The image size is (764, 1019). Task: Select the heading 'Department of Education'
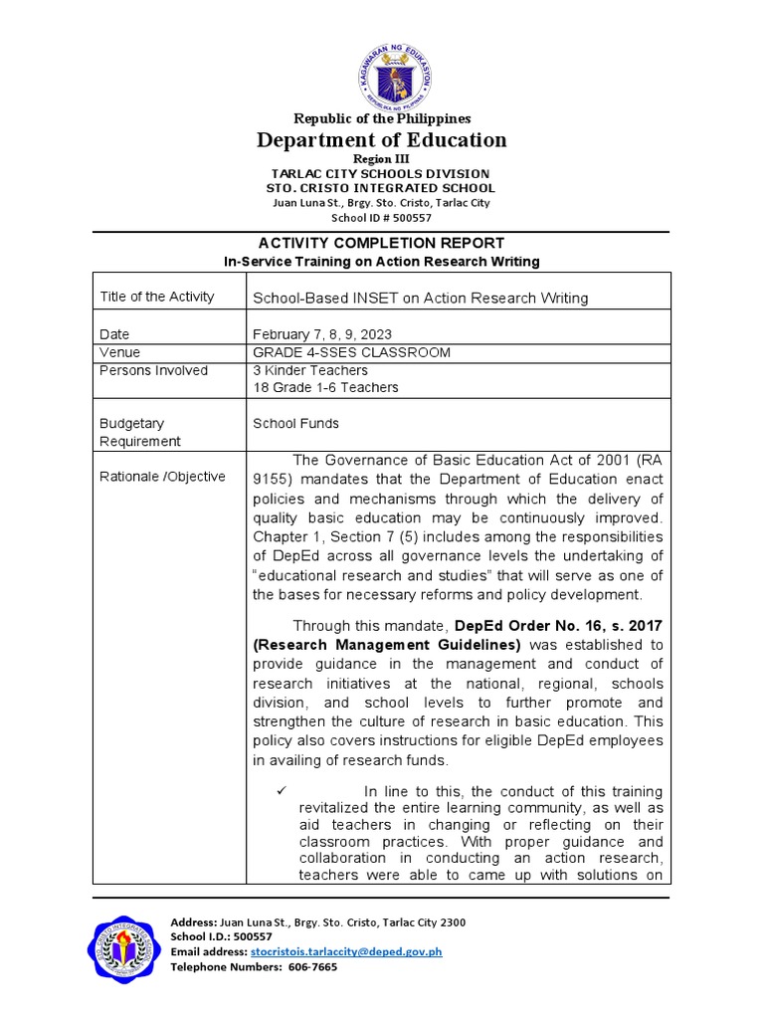pos(381,140)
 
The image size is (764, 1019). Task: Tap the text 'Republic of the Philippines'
pos(381,118)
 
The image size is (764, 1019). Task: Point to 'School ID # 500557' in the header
pos(381,217)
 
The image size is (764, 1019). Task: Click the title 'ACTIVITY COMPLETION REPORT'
pos(381,243)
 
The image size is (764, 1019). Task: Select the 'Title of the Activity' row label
pos(157,297)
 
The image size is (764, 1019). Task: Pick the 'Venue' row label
pos(119,352)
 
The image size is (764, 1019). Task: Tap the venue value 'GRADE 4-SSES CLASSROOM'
pos(351,352)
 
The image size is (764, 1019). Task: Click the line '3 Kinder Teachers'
pos(309,370)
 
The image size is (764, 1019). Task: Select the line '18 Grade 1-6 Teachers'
pos(325,387)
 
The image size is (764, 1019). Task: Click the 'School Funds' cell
pos(295,423)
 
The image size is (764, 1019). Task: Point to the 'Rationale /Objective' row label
pos(162,477)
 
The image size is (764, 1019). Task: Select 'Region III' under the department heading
pos(381,159)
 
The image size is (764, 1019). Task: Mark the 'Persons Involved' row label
pos(154,370)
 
